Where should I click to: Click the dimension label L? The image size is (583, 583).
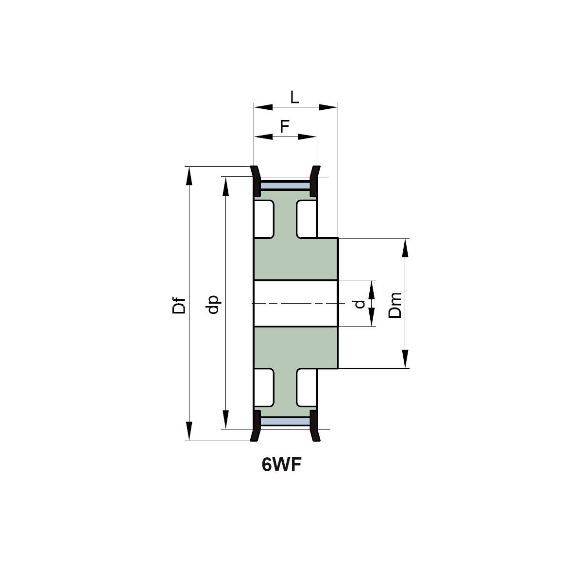click(x=294, y=97)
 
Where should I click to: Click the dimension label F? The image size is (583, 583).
click(x=285, y=126)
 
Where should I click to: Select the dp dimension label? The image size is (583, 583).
click(x=213, y=304)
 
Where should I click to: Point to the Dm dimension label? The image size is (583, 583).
click(x=395, y=305)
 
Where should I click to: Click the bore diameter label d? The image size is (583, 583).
click(x=360, y=304)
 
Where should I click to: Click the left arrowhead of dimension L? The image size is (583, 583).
click(x=263, y=107)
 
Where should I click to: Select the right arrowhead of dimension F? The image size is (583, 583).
click(x=307, y=137)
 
